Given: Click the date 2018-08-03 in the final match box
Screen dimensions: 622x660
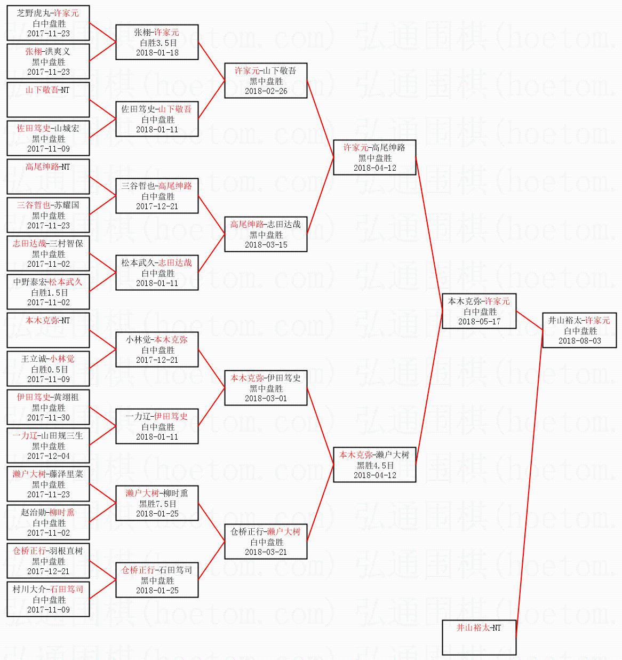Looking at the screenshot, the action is click(579, 341).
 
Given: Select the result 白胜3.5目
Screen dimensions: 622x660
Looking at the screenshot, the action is click(157, 43).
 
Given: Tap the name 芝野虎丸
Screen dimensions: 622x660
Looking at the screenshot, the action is click(33, 13).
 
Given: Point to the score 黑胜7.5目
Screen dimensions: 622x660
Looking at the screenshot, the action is click(157, 504).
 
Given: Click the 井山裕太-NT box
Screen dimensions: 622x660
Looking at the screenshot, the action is click(479, 638).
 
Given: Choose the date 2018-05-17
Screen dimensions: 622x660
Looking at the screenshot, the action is click(479, 322).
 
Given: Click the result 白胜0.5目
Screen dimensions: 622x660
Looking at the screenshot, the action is click(49, 370).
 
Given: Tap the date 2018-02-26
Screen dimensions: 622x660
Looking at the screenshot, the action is click(266, 91).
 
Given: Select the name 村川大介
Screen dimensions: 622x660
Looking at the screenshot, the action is click(29, 590).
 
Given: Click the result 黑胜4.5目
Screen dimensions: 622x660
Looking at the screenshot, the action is click(375, 466).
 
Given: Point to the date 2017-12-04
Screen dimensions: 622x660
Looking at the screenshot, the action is click(49, 456).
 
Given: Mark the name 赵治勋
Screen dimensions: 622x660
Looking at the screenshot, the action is click(33, 513).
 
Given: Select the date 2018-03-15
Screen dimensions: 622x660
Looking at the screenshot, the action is click(266, 245).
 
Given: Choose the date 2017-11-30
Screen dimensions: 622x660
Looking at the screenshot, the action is click(49, 418).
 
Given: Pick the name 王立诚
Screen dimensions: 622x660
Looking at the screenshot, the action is click(34, 359).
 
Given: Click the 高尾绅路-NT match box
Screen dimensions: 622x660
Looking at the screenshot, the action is click(48, 177).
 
